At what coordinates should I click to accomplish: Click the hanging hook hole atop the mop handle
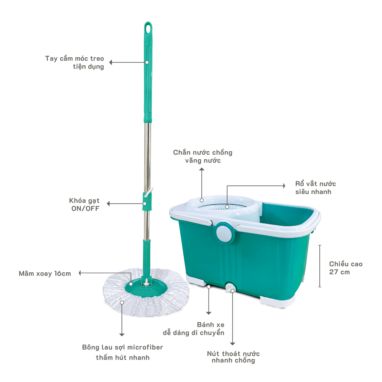point(148,28)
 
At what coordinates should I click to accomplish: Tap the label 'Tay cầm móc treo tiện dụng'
point(74,63)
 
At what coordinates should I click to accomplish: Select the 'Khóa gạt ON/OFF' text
point(84,204)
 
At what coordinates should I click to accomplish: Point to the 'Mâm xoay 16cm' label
point(45,274)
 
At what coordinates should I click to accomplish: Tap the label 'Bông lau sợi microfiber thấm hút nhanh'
point(123,352)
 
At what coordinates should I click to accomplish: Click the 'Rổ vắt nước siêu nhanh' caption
point(316,188)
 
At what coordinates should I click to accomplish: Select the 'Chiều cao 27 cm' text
point(346,268)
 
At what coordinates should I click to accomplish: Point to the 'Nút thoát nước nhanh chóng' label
point(233,357)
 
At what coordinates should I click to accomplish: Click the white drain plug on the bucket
point(230,288)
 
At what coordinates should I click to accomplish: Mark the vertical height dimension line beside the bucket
point(320,266)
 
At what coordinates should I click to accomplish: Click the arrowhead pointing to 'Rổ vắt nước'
point(283,185)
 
